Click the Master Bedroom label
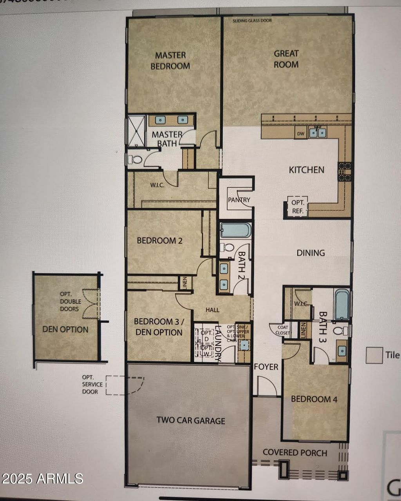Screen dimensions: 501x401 point(170,61)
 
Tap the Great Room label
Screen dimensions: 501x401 point(286,59)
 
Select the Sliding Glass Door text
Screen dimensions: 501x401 point(252,21)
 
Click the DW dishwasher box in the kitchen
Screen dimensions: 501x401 point(300,134)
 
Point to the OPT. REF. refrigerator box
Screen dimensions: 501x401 point(298,206)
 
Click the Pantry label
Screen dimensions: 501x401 point(239,200)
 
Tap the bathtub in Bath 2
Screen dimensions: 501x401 point(235,230)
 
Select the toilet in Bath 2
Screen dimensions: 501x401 point(227,248)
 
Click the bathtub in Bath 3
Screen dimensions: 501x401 point(341,304)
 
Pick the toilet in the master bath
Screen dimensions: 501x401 point(136,159)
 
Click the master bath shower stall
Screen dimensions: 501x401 point(136,131)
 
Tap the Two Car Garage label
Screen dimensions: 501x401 point(191,420)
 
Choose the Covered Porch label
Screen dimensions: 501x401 point(295,452)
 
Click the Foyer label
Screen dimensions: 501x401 point(266,367)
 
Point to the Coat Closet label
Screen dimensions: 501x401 point(283,330)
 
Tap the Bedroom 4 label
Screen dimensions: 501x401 point(314,399)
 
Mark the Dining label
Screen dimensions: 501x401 point(311,253)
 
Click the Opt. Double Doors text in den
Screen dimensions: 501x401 point(70,301)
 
